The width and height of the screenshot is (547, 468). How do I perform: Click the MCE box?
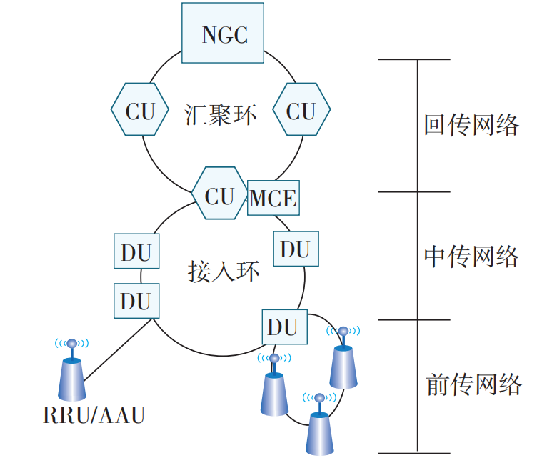point(273,197)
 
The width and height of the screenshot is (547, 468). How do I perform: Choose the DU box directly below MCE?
point(296,249)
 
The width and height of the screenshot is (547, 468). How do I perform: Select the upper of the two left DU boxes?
point(136,254)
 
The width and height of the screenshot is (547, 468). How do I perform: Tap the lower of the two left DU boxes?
point(136,301)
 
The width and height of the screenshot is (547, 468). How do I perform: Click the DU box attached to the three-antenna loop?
point(283,327)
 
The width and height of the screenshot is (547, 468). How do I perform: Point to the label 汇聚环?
point(220,114)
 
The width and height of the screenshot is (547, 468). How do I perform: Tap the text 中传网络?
point(471,256)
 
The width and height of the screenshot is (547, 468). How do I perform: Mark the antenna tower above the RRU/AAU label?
point(72,375)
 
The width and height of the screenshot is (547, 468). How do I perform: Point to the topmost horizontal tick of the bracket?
point(414,59)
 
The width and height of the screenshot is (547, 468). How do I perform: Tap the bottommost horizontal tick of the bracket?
point(414,452)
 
